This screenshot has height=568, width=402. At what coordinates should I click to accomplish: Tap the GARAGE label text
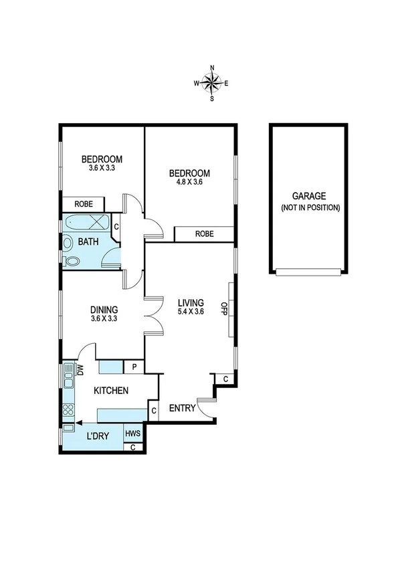[308, 196]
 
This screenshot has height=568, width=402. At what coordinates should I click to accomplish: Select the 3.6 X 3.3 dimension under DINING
[104, 319]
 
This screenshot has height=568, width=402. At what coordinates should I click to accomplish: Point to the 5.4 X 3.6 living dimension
[191, 311]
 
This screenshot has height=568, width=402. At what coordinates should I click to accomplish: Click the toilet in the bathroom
[70, 260]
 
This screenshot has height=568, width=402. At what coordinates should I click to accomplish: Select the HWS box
[133, 434]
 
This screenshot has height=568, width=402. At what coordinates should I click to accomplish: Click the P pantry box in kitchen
[134, 367]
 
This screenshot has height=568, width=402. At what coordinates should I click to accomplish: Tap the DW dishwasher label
[80, 369]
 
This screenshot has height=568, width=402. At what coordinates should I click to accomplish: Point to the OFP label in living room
[225, 309]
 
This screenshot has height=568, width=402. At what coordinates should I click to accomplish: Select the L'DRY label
[98, 436]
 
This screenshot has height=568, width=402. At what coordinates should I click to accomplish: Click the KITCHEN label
[111, 390]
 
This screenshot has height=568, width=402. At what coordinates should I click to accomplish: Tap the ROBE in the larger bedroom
[204, 233]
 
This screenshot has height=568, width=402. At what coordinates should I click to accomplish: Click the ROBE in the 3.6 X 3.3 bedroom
[84, 204]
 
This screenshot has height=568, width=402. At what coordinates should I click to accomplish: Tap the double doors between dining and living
[153, 315]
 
